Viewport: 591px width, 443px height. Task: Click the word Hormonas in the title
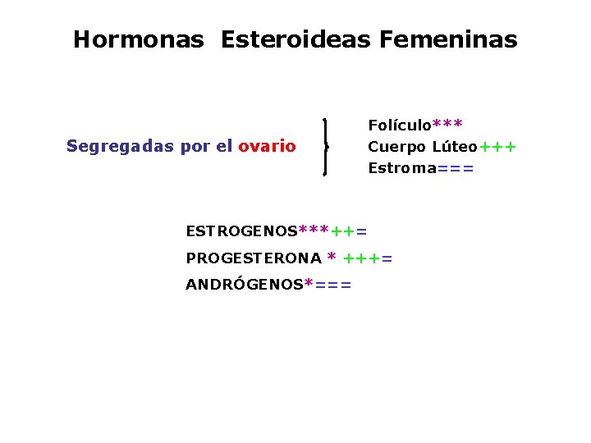(x=138, y=39)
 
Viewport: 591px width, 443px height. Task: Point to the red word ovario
(x=267, y=147)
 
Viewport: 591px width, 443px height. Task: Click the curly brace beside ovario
(x=328, y=147)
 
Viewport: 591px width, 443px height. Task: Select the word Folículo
(x=400, y=126)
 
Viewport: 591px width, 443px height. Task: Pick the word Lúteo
(x=454, y=147)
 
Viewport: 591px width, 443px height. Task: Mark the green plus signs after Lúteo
(x=498, y=148)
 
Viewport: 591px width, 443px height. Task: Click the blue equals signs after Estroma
(x=456, y=169)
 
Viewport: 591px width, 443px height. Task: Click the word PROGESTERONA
(x=254, y=258)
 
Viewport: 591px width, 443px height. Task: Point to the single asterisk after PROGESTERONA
(x=332, y=258)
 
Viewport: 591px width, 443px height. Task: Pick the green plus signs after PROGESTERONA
(x=361, y=259)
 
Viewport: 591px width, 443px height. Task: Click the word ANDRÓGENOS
(x=244, y=285)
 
